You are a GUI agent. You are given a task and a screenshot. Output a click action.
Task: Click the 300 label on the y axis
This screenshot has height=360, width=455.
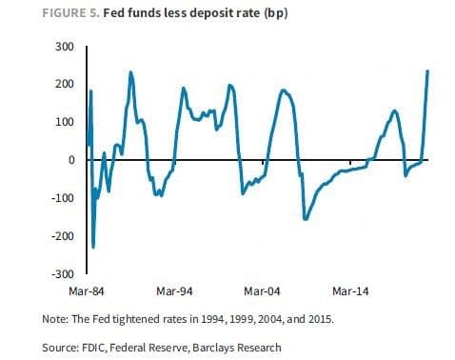65,47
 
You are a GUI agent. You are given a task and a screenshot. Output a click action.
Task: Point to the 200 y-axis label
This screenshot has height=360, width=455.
65,84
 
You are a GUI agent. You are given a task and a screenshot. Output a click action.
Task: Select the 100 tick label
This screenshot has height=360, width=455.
65,122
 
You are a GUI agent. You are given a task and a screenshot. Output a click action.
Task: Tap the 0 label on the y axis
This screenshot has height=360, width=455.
71,160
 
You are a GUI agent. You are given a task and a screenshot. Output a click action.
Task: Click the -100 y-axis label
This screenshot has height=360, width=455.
63,197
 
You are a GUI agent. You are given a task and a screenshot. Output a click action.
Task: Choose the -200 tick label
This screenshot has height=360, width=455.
63,235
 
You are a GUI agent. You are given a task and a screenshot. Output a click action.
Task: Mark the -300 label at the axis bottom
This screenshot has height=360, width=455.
63,273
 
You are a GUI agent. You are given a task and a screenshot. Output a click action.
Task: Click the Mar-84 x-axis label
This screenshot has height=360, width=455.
87,291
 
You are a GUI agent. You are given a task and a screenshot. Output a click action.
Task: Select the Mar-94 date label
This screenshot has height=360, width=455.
174,291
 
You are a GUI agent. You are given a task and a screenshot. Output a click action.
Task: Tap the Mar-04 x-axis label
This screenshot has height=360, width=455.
262,291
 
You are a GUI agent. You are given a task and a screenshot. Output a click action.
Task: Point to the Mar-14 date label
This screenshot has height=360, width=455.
350,291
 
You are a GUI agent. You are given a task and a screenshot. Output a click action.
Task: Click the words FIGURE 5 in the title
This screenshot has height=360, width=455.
71,13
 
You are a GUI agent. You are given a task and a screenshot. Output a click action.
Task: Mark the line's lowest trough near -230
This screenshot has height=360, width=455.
93,247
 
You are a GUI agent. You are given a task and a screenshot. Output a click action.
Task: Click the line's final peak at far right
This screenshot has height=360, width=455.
427,71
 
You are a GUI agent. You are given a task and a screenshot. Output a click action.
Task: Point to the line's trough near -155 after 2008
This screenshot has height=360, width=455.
306,218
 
